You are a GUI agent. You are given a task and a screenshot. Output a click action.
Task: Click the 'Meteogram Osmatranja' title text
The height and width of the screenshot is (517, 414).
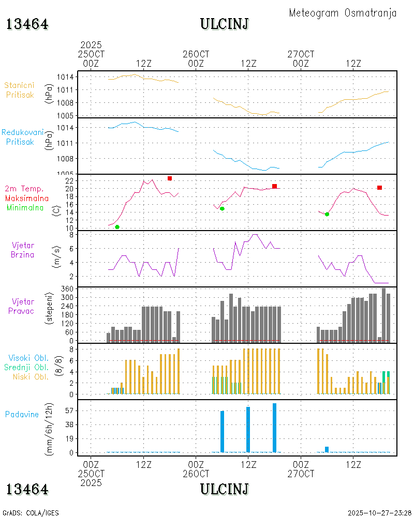coord(343,13)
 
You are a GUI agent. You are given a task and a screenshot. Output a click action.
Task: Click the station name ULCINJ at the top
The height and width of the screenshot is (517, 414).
coord(225,24)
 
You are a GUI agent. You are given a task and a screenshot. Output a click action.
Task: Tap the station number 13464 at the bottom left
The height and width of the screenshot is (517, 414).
coord(27,489)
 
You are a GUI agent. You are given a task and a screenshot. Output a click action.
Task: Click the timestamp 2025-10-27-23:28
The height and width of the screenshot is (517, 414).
coord(379,513)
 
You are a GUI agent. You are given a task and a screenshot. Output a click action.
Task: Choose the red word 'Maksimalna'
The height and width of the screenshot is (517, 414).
coord(27,198)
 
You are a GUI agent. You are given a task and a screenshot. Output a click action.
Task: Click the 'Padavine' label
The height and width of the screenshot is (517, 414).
coord(22,414)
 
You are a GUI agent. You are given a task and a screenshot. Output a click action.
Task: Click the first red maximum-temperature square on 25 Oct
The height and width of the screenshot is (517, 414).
coord(170,178)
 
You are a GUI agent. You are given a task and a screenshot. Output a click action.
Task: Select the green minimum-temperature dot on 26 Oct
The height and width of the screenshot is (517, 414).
coord(222,208)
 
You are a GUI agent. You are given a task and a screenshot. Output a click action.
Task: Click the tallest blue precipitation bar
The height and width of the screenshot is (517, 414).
coord(274,428)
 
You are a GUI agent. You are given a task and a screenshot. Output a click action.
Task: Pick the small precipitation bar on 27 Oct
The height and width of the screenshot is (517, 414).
coord(327,449)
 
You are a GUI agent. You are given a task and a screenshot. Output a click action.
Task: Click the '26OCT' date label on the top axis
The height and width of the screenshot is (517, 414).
coord(196,54)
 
